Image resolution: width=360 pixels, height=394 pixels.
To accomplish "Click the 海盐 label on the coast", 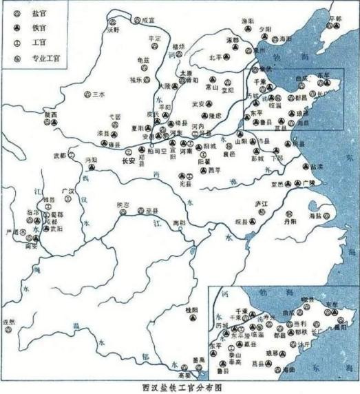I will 317,216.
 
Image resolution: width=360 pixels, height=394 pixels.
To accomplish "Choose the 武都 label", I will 61,156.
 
